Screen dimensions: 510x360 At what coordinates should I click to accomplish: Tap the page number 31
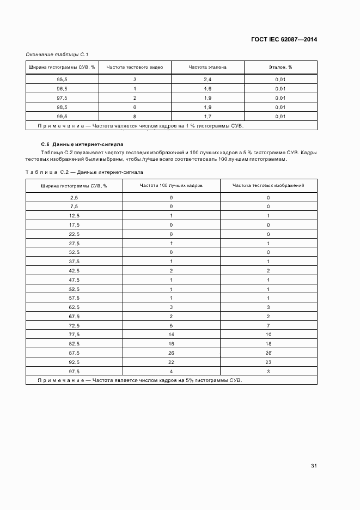coord(314,466)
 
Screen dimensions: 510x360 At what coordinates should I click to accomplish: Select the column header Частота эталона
coord(208,68)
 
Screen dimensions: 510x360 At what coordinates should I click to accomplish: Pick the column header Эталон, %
coord(280,68)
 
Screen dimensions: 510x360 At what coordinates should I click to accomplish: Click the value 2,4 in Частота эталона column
coord(208,80)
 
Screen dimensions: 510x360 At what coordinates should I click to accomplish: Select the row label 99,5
coord(62,117)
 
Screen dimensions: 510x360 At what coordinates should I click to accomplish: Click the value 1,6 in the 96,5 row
coord(208,89)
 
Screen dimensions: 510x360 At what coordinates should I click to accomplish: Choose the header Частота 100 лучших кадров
coord(171,185)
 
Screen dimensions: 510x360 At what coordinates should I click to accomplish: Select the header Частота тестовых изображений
coord(268,185)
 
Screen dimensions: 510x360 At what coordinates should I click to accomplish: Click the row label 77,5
coord(74,334)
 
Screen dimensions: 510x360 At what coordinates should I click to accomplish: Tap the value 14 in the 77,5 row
coord(171,334)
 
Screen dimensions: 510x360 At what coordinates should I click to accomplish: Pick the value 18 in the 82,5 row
coord(268,343)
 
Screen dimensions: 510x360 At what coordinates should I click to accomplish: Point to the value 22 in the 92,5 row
coord(171,362)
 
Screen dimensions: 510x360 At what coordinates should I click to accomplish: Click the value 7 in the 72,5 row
coord(268,325)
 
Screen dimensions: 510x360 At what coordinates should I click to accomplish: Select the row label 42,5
coord(74,270)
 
